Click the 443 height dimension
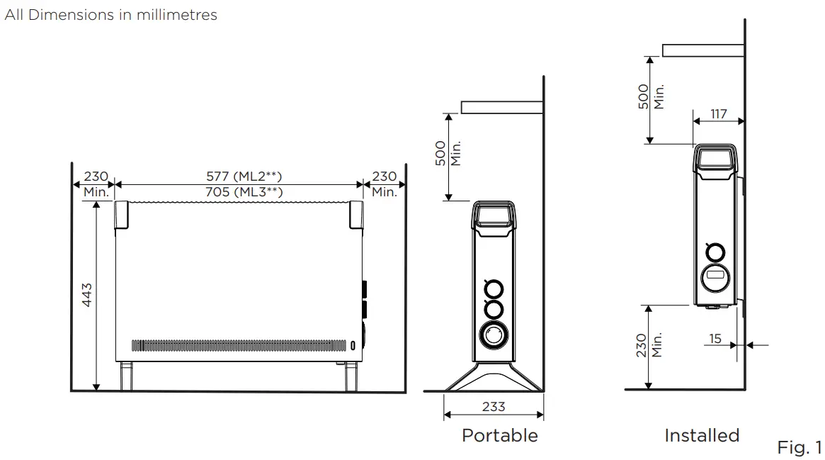(87, 295)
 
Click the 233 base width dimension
(494, 407)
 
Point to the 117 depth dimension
(718, 113)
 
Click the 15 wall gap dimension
(715, 339)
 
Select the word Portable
(499, 435)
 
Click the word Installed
(701, 435)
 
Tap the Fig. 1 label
(800, 448)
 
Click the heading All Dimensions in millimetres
(111, 14)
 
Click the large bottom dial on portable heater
(494, 335)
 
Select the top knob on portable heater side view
(494, 288)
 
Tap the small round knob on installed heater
(715, 252)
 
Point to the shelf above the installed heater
(702, 50)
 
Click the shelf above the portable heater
(501, 107)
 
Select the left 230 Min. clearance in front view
(96, 184)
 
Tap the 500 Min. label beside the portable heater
(448, 153)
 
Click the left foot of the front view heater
(126, 376)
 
